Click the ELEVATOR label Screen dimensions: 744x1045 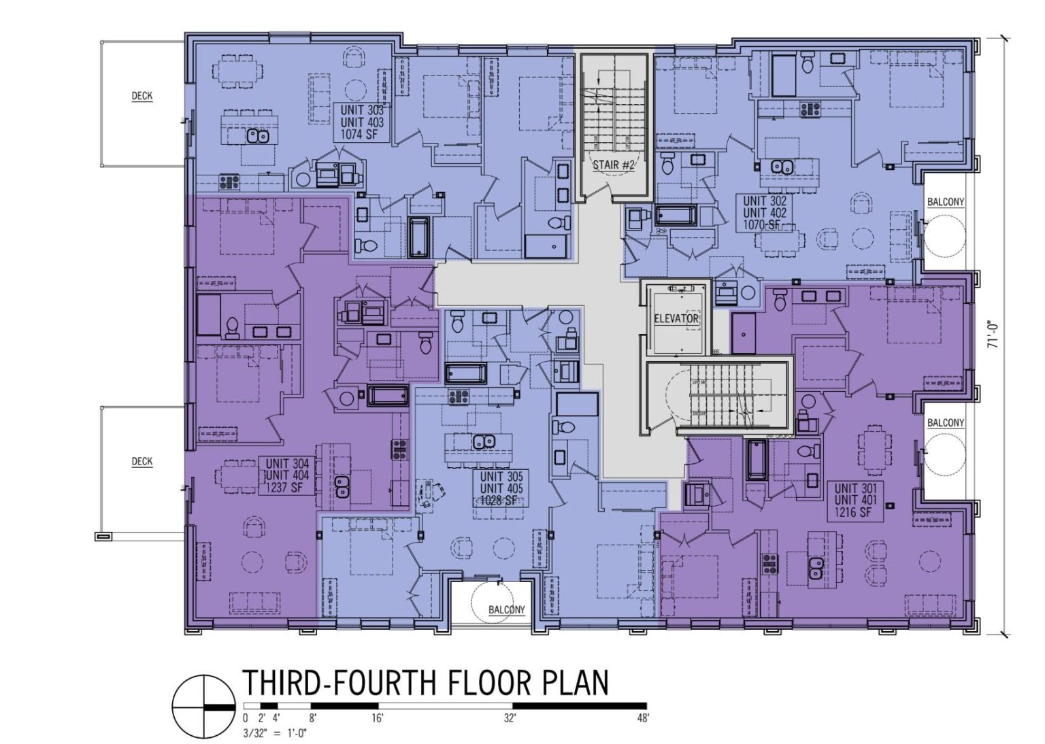(676, 318)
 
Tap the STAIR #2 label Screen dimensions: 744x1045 (614, 165)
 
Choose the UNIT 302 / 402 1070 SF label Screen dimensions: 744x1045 (765, 213)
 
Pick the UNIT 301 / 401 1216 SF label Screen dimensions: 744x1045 (856, 501)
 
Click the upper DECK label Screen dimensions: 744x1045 (142, 96)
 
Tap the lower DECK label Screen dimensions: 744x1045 (142, 462)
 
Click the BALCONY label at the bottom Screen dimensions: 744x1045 (506, 609)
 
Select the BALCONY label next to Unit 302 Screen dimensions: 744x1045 (945, 202)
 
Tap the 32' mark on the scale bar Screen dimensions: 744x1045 (510, 718)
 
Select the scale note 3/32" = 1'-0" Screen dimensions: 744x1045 (270, 733)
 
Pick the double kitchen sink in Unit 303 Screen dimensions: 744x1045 (258, 136)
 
